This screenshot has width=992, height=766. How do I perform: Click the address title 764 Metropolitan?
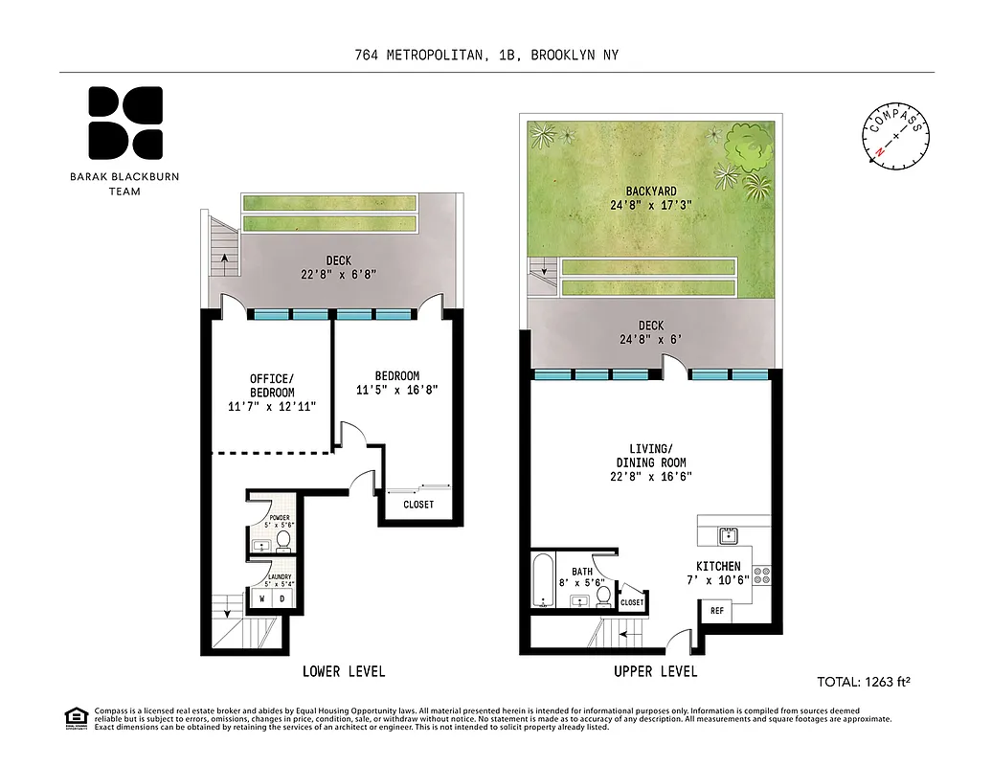click(x=486, y=56)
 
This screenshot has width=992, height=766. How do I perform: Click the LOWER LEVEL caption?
click(x=344, y=671)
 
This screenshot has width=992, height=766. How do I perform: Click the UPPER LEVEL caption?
click(x=656, y=671)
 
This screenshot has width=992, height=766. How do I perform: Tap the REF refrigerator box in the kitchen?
click(x=716, y=609)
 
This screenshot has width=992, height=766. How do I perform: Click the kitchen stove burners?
click(x=762, y=575)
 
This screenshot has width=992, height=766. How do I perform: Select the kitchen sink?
click(x=728, y=532)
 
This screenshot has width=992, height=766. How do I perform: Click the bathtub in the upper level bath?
click(x=544, y=580)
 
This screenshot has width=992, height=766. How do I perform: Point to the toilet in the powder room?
click(x=283, y=541)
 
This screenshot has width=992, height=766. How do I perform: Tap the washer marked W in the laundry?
click(x=261, y=599)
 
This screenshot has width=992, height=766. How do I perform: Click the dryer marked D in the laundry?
click(x=282, y=599)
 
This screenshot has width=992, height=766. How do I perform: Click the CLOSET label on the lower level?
click(x=418, y=505)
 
